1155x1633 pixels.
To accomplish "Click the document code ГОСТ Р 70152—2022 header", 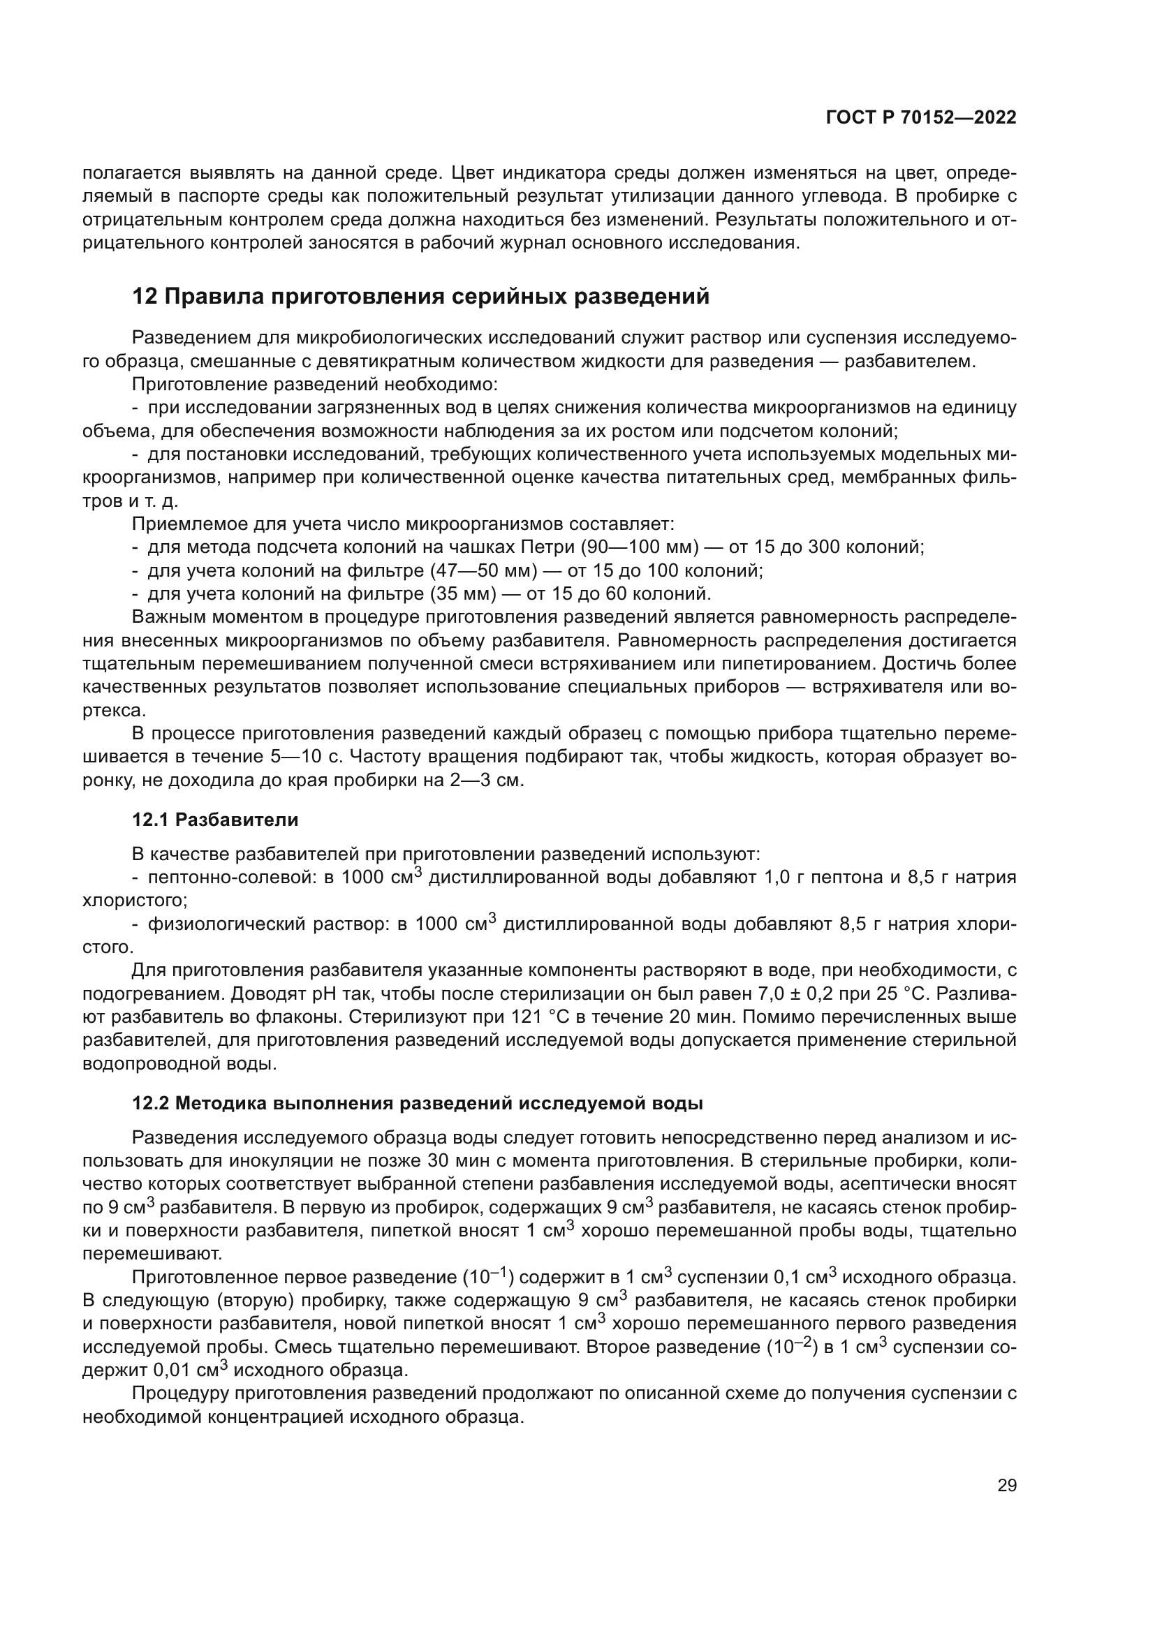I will click(x=921, y=118).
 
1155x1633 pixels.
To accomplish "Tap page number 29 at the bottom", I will click(x=1006, y=1485).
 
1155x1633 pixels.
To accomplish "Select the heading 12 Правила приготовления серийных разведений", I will click(x=421, y=296).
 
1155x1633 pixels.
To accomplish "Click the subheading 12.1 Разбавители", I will click(x=215, y=820).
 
